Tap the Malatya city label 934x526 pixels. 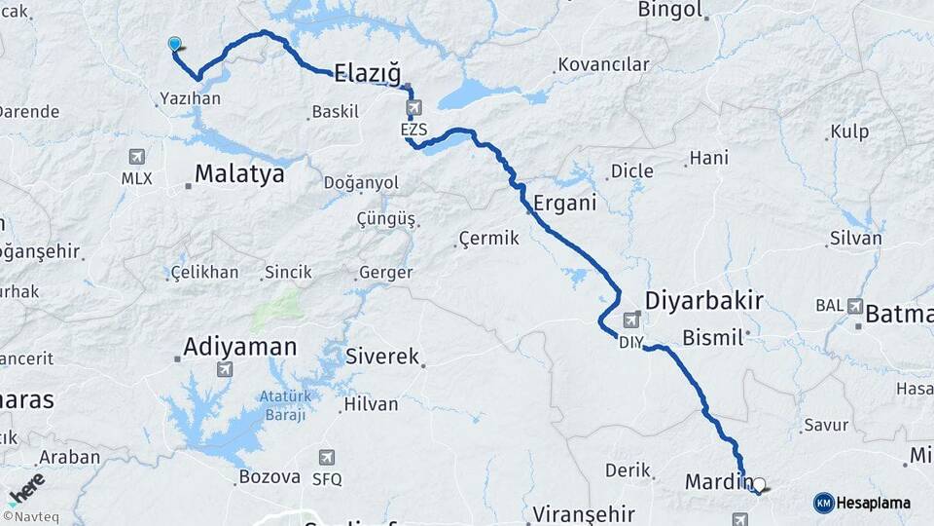click(239, 174)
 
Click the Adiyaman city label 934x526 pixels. click(240, 347)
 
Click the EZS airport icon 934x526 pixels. click(414, 107)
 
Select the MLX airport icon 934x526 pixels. click(135, 157)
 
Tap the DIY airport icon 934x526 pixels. click(632, 319)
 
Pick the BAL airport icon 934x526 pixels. click(855, 306)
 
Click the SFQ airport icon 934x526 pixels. click(326, 457)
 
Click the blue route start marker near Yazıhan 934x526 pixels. click(175, 44)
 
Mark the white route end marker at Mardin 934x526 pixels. click(759, 483)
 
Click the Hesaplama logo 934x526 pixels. click(863, 503)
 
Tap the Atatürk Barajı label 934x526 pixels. click(282, 405)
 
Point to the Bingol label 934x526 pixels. click(669, 10)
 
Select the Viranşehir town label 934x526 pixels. click(584, 513)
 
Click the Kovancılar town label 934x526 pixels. click(602, 65)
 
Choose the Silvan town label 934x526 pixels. click(856, 238)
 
